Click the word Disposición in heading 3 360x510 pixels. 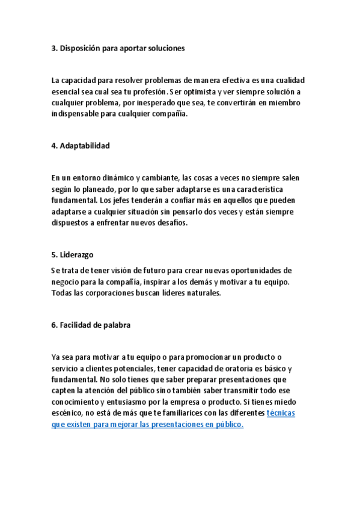click(x=82, y=49)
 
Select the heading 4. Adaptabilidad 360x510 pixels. click(x=81, y=146)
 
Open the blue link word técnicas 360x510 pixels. click(x=280, y=413)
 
